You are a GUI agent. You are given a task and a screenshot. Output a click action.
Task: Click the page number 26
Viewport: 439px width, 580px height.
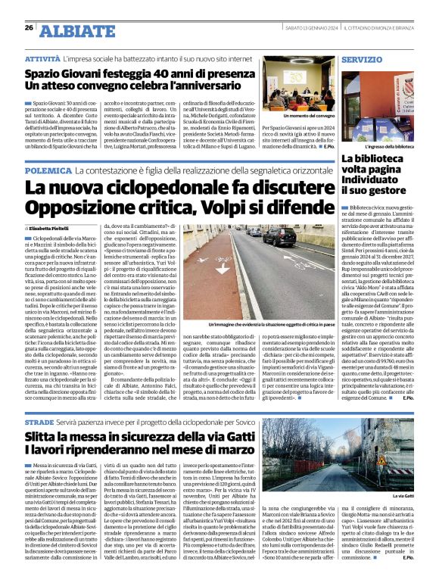click(29, 28)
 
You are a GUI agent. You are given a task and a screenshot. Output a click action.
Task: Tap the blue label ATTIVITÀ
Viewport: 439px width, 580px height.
click(42, 58)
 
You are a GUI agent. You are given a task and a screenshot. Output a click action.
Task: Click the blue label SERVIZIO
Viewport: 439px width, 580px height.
click(361, 58)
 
